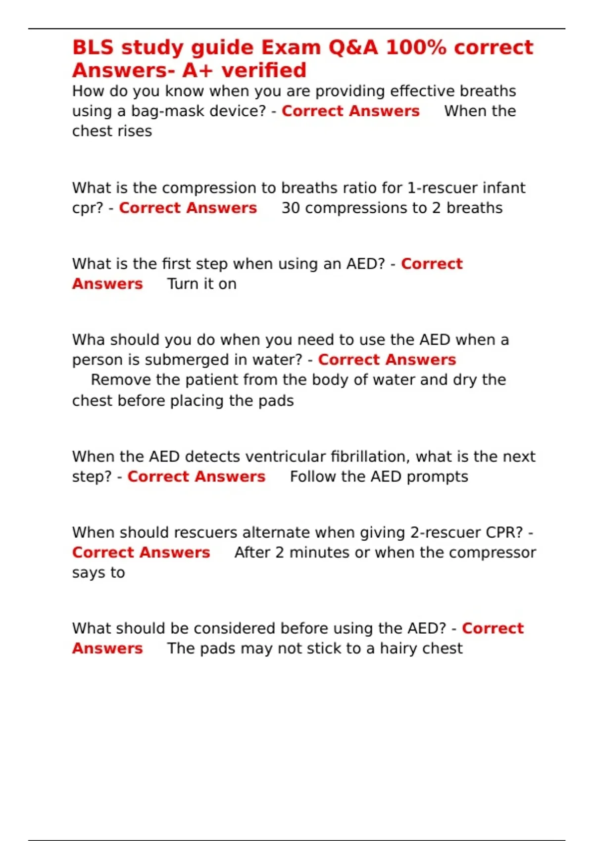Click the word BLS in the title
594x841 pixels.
coord(93,47)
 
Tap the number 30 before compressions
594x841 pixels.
coord(291,208)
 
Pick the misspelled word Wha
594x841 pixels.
coord(88,340)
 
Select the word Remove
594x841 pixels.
coord(121,380)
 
